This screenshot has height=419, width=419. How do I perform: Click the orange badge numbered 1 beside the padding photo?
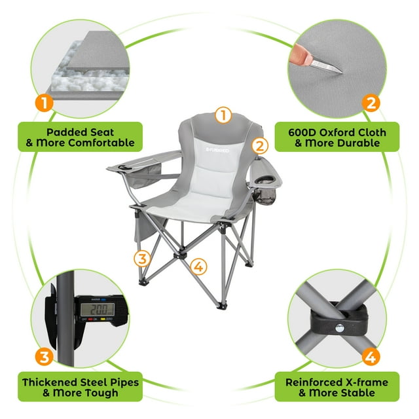(x=44, y=103)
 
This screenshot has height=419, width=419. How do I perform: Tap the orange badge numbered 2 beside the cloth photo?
(x=371, y=103)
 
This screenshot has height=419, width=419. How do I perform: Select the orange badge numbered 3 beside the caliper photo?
(x=44, y=357)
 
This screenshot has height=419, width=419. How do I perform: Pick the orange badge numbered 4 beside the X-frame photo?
(x=371, y=357)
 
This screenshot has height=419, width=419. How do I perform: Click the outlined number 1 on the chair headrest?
(x=223, y=115)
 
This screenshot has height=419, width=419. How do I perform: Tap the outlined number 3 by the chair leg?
(x=141, y=257)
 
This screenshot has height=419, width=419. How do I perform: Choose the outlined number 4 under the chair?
(x=199, y=266)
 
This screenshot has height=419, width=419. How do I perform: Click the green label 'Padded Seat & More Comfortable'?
(x=79, y=137)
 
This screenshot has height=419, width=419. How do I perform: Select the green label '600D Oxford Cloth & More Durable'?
(x=337, y=137)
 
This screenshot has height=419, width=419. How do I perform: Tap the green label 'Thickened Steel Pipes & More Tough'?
(x=79, y=388)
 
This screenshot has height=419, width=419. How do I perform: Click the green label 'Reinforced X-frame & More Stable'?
(x=337, y=388)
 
